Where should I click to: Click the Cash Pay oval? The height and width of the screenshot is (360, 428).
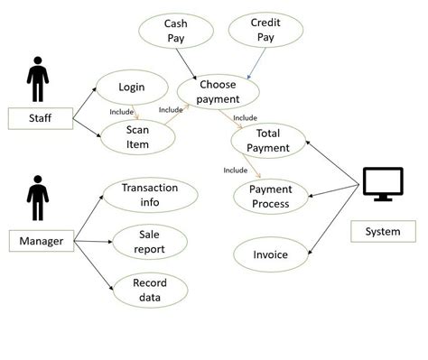[175, 32]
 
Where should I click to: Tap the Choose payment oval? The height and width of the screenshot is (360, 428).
[219, 92]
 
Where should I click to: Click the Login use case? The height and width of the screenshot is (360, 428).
[132, 88]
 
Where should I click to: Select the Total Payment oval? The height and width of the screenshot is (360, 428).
[267, 141]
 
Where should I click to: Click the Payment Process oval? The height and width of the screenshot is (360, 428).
[270, 197]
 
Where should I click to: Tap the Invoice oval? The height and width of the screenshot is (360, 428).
[270, 254]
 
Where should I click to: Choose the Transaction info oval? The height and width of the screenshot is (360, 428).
[150, 195]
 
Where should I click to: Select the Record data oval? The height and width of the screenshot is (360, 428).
[149, 290]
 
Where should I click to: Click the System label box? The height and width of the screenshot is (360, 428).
[382, 232]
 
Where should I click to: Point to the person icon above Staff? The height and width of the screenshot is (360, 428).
[37, 79]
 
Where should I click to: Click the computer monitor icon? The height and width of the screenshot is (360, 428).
[384, 186]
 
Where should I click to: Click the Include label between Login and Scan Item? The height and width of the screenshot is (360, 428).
[121, 112]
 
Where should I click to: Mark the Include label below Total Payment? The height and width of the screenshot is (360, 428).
[235, 169]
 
